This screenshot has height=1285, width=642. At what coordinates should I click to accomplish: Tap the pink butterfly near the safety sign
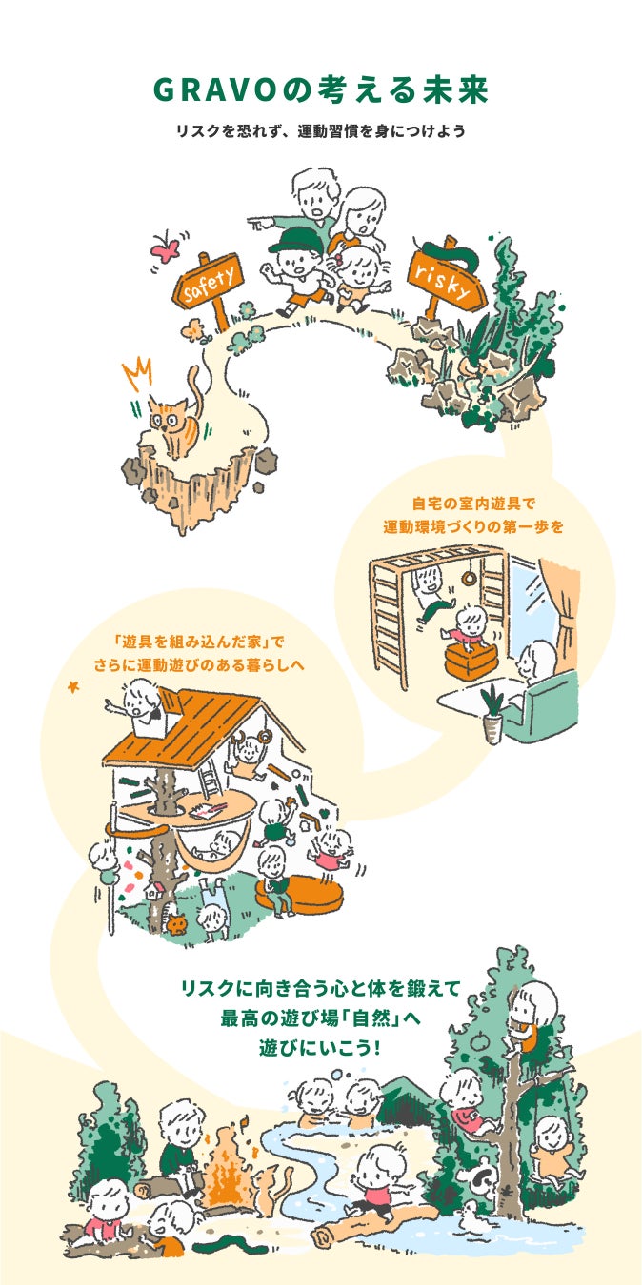coord(166,247)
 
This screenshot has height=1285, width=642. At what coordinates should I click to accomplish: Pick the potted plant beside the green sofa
coord(493,715)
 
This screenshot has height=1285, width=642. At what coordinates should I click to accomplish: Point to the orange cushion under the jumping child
coord(471,661)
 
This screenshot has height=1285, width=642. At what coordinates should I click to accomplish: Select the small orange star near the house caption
coord(73,686)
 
